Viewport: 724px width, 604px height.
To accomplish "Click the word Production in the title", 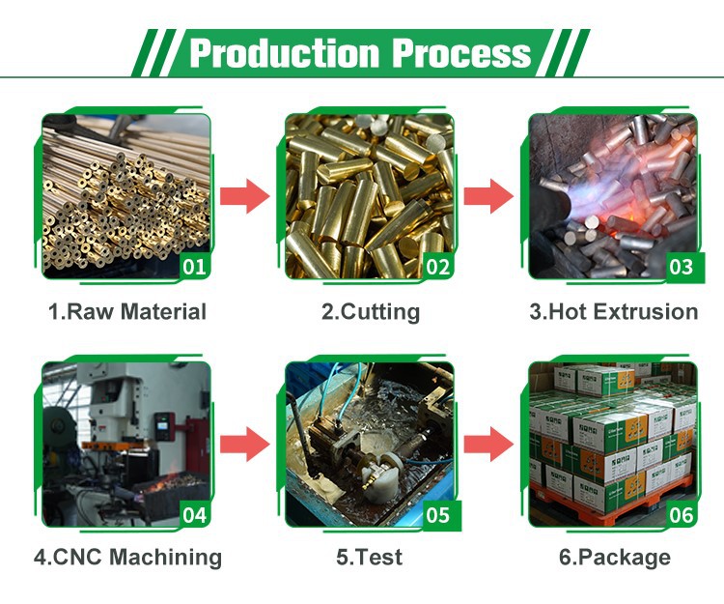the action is tap(285, 53).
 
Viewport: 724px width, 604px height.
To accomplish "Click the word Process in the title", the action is tap(461, 53).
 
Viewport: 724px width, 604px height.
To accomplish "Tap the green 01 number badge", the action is tap(194, 267).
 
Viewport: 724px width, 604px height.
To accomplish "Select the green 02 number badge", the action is tap(437, 267).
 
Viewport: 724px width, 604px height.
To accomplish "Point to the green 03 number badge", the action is tap(682, 267).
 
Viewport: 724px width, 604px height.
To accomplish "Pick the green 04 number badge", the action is tap(194, 515).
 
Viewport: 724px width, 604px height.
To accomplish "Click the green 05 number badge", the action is tap(437, 515).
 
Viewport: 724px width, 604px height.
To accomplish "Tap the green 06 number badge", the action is tap(682, 515).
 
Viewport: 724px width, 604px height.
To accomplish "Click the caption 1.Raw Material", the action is tap(127, 311).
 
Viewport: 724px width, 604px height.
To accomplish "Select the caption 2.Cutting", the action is tap(371, 312).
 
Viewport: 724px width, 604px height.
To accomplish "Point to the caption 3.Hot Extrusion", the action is tap(614, 311).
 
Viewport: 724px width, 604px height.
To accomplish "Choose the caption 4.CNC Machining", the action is tap(127, 557).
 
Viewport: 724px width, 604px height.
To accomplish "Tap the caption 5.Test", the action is tap(370, 557).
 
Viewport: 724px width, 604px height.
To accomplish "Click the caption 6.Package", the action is tap(615, 558).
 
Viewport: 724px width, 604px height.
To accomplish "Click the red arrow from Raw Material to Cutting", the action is tap(245, 196).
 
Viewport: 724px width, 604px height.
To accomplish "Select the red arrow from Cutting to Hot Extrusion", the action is tap(488, 196).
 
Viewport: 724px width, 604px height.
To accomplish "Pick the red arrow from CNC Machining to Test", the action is tap(245, 445).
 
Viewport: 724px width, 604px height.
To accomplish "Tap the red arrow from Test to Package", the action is tap(488, 445).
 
